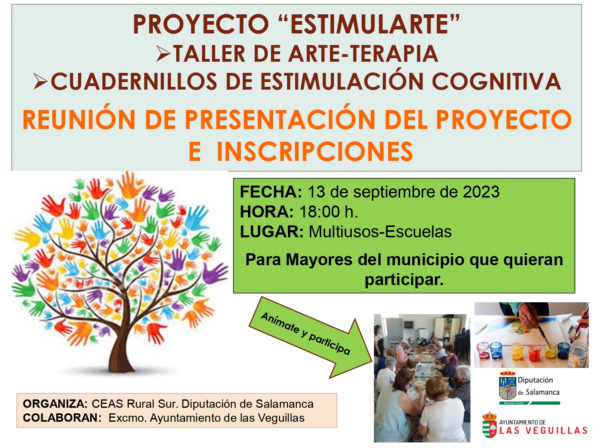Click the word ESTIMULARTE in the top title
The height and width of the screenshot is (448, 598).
(369, 24)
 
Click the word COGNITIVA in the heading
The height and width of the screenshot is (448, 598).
(496, 81)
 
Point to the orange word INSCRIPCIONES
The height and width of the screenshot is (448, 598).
(315, 151)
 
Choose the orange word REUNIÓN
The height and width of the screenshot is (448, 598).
(79, 120)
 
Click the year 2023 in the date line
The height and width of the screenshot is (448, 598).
(481, 192)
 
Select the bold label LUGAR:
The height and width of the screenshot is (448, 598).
(271, 232)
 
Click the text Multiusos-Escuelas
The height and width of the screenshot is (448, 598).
(380, 232)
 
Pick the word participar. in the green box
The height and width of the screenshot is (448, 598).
(404, 280)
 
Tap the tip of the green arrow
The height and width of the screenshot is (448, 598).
(372, 362)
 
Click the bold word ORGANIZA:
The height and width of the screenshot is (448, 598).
(55, 404)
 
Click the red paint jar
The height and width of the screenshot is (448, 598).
(535, 352)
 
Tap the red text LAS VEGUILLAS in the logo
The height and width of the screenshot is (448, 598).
(543, 431)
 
